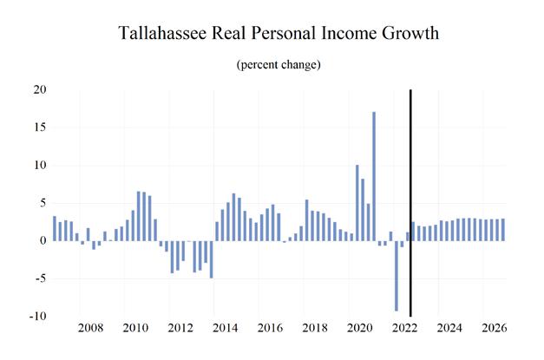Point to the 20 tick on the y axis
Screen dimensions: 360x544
click(x=40, y=89)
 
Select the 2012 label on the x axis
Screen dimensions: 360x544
click(x=180, y=330)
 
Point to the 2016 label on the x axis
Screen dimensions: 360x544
click(x=270, y=330)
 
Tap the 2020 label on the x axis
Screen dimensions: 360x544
click(x=359, y=330)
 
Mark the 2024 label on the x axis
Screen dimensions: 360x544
click(x=449, y=330)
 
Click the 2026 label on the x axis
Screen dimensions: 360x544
click(x=495, y=330)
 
